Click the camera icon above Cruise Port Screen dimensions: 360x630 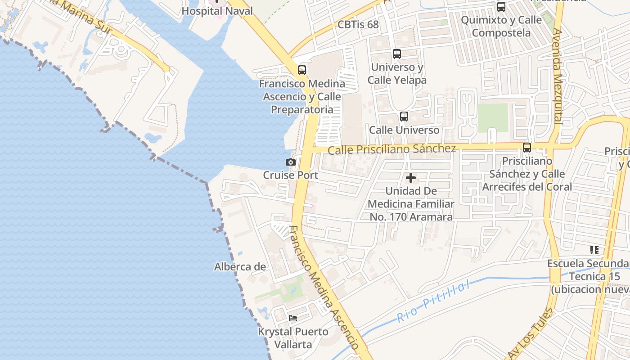[291, 162]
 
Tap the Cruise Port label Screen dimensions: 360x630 [291, 175]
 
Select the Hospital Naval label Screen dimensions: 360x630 [217, 11]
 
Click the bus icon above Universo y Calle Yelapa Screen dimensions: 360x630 [396, 54]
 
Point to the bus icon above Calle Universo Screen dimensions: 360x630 [404, 117]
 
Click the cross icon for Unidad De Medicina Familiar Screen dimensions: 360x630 [410, 178]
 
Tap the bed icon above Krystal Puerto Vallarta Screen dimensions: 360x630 [293, 318]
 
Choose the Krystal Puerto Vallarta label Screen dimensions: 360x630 [293, 338]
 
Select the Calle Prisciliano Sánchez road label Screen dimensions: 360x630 [391, 149]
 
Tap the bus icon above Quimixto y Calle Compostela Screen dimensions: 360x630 [501, 7]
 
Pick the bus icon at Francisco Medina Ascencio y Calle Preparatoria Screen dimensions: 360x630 [302, 70]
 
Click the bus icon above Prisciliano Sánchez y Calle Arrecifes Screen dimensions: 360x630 [526, 147]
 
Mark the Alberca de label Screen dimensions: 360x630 [240, 267]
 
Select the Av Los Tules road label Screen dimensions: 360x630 [530, 333]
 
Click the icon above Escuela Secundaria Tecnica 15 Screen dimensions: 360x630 [594, 250]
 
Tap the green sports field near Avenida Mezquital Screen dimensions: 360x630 [493, 118]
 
